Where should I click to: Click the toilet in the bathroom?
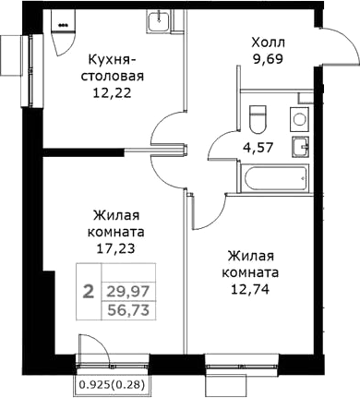(x=258, y=119)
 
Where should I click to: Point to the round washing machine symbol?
(x=299, y=119)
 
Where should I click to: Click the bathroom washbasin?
(x=300, y=147)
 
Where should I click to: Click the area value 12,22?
(x=113, y=92)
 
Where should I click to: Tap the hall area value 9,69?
(x=268, y=58)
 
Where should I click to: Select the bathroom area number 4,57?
(x=258, y=148)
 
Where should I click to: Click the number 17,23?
(x=115, y=248)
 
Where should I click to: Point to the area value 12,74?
(x=250, y=289)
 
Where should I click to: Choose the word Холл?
(x=269, y=42)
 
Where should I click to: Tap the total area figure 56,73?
(x=128, y=310)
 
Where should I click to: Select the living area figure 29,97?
(x=128, y=291)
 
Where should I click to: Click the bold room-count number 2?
(x=89, y=292)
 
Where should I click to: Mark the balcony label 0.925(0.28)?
(x=112, y=384)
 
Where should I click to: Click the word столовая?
(x=113, y=76)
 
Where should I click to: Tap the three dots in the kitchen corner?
(x=63, y=25)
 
